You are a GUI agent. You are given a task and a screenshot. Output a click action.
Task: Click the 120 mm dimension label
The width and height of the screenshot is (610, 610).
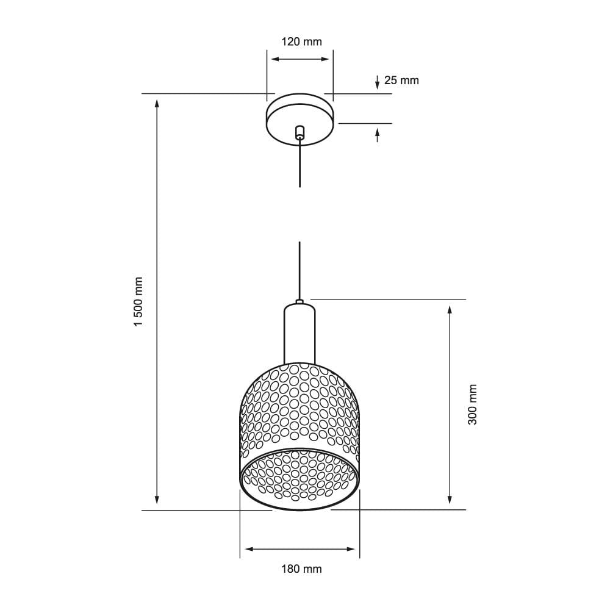(301, 41)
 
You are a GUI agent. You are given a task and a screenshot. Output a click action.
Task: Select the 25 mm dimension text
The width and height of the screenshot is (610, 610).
(401, 80)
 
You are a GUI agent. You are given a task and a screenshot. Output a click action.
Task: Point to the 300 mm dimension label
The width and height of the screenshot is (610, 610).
(473, 404)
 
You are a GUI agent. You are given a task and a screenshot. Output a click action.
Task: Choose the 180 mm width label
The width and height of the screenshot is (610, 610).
(301, 569)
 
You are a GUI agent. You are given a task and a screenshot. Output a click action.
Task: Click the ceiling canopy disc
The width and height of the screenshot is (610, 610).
(300, 119)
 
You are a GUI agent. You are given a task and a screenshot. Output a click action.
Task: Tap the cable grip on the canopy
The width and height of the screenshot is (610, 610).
(300, 132)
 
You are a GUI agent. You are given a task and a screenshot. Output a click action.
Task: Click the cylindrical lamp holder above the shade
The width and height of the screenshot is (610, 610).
(300, 334)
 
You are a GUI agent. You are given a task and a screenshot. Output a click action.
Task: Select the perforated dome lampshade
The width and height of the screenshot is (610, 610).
(300, 409)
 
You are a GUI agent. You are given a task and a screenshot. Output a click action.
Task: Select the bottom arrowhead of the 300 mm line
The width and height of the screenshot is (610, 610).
(450, 500)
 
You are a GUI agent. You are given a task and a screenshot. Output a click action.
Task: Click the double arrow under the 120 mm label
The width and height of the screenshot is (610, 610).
(300, 59)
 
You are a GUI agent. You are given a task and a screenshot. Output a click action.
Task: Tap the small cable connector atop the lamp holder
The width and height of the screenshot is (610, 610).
(300, 301)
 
